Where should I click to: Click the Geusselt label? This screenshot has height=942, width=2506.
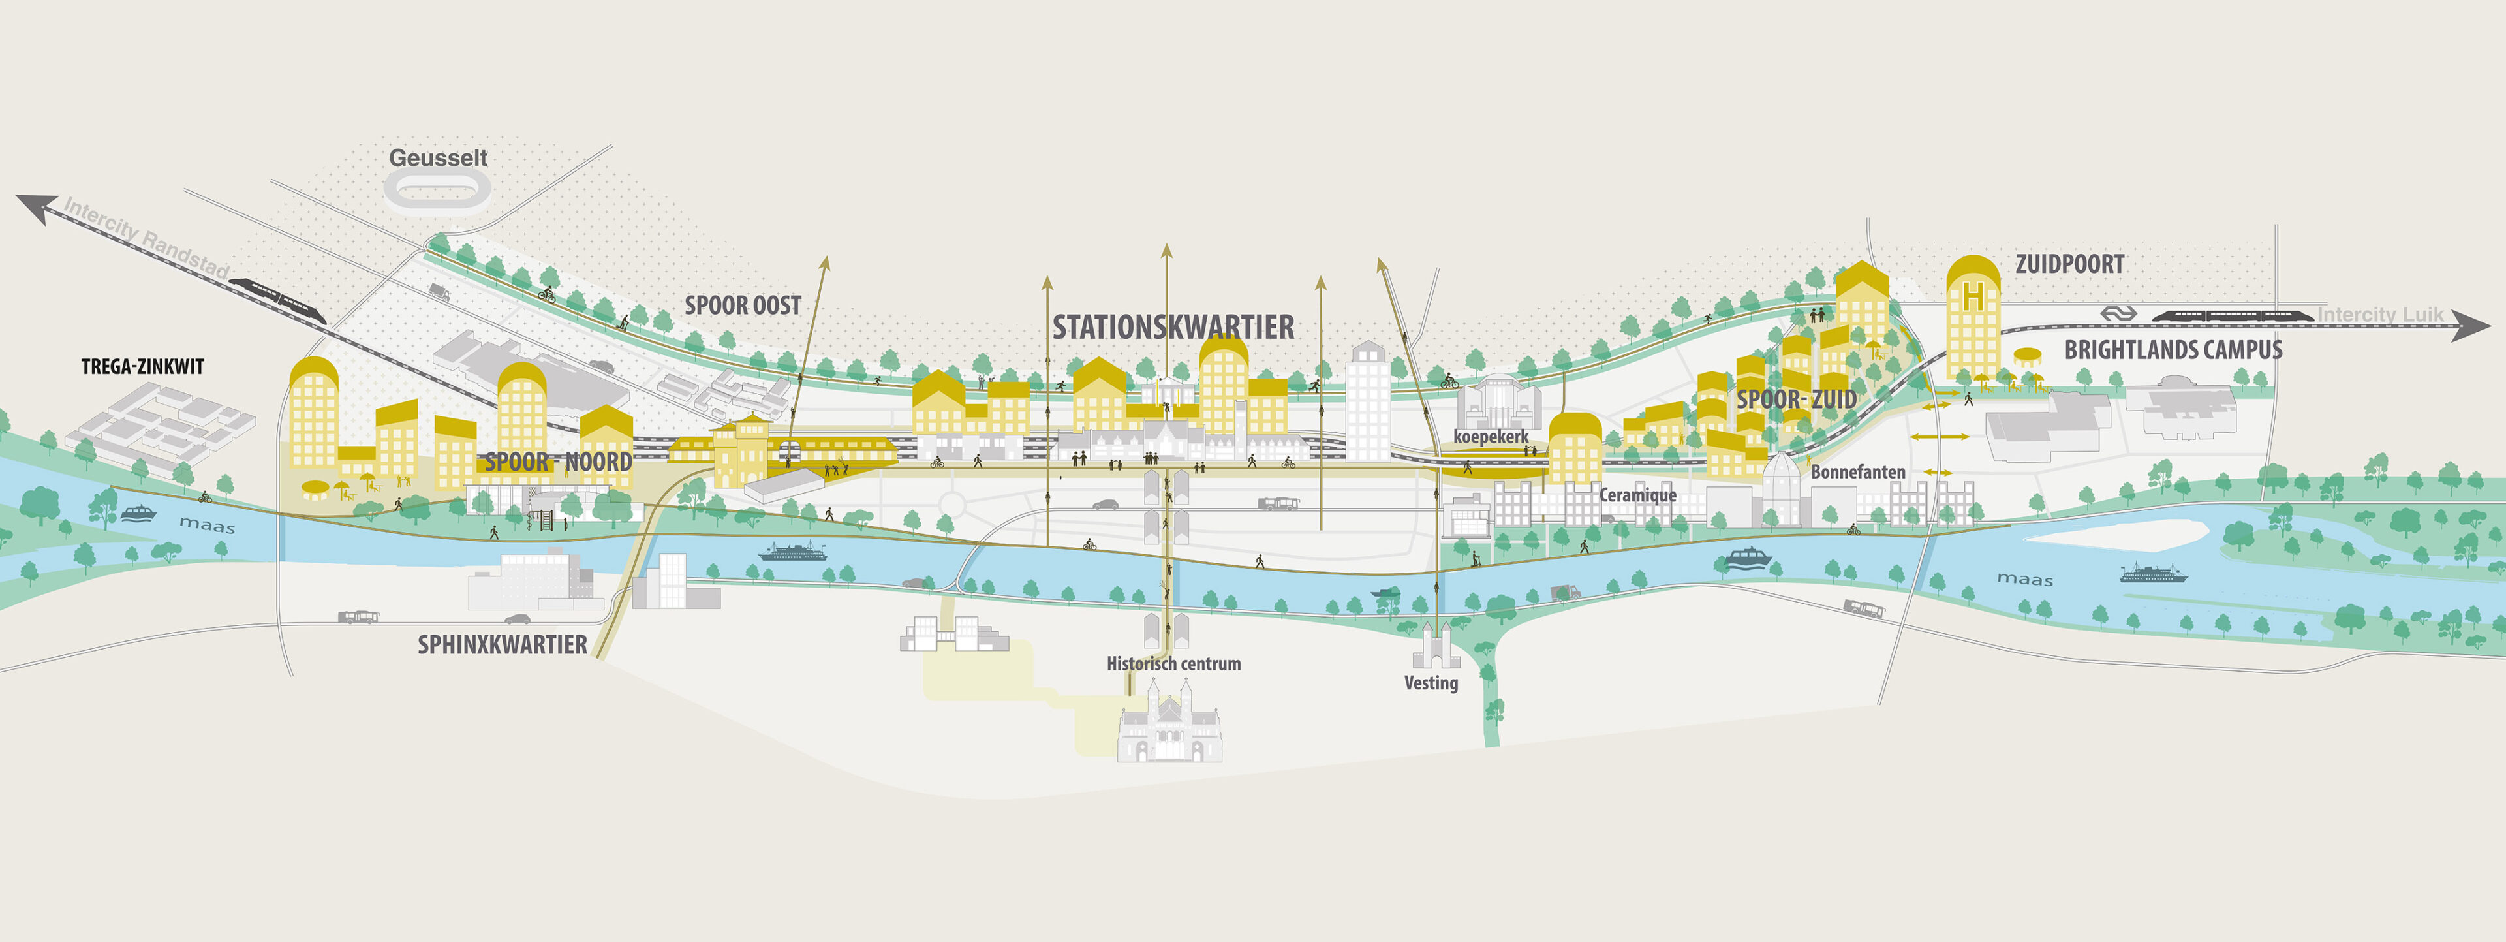tap(438, 157)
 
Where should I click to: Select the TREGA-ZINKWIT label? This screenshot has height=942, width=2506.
tap(142, 367)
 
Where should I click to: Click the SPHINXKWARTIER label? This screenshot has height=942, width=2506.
tap(502, 644)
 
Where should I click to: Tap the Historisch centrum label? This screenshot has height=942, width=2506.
tap(1173, 664)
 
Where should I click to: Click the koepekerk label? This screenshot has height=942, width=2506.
tap(1491, 437)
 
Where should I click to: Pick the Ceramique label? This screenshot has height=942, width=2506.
tap(1638, 495)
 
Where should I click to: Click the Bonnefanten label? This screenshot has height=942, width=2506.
tap(1857, 472)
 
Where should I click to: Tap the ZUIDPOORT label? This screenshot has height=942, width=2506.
tap(2069, 264)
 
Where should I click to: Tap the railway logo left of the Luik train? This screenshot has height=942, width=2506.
tap(2118, 313)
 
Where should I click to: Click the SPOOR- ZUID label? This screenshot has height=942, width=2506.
tap(1796, 399)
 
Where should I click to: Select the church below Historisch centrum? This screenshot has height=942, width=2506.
tap(1169, 725)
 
